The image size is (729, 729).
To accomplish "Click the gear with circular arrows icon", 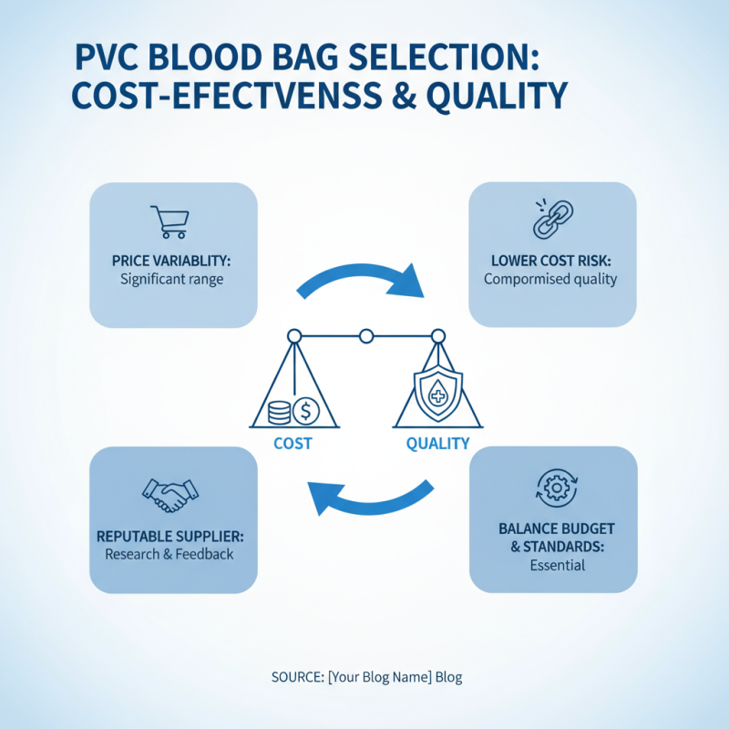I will point(553,487).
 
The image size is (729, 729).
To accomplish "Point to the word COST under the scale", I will point(293,444).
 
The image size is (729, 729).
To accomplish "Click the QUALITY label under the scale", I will point(437,444).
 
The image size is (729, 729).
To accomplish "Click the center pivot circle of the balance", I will point(366,336).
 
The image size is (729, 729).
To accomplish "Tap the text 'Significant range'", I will point(171,279).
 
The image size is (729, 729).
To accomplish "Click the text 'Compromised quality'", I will point(550,279).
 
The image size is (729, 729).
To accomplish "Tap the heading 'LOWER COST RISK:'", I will point(550,261).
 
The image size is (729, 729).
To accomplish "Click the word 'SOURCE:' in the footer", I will point(297,677).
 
